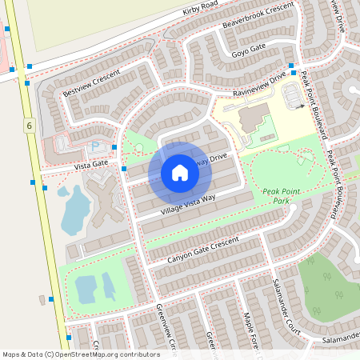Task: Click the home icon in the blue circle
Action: [179, 172]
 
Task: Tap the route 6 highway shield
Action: [29, 126]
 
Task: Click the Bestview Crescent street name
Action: [91, 83]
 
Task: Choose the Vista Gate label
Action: [90, 163]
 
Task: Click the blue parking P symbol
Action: [97, 146]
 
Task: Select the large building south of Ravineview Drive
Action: [254, 120]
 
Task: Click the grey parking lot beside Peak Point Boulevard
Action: [293, 95]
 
